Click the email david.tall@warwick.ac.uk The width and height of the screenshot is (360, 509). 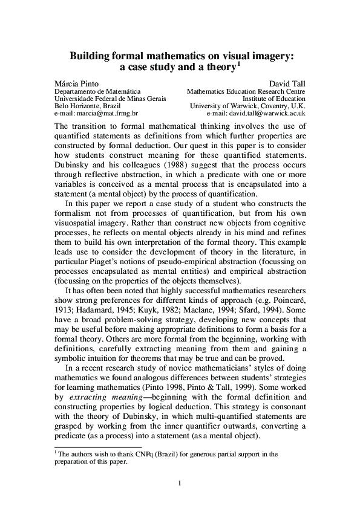(x=269, y=113)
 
